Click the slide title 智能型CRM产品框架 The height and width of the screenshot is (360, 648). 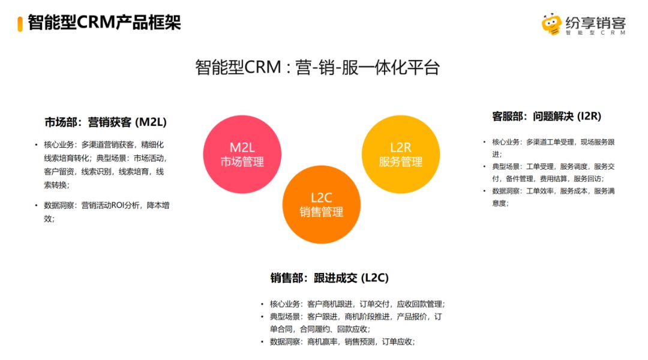pyautogui.click(x=104, y=23)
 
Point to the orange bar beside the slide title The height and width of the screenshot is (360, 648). pyautogui.click(x=20, y=23)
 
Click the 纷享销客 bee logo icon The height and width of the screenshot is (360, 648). pyautogui.click(x=551, y=24)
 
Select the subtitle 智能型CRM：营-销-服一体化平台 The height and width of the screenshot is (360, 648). pyautogui.click(x=317, y=67)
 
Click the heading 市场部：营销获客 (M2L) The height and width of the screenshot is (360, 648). pyautogui.click(x=106, y=122)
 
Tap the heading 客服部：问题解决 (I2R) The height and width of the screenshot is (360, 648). pyautogui.click(x=547, y=116)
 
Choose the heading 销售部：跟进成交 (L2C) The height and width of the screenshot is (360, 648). pyautogui.click(x=329, y=278)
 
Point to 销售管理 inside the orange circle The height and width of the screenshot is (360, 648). pyautogui.click(x=321, y=212)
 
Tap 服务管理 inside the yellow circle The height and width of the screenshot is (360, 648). pyautogui.click(x=400, y=161)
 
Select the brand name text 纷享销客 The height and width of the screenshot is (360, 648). pyautogui.click(x=595, y=23)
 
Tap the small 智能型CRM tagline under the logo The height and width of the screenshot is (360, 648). pyautogui.click(x=595, y=34)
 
